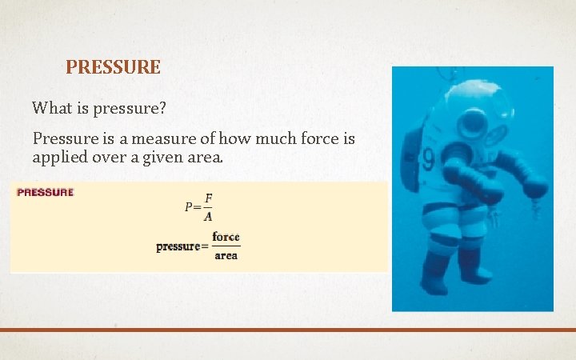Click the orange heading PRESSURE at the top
tap(113, 67)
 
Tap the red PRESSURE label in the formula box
tap(45, 193)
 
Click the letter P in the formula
tap(188, 206)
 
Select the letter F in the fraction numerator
tap(208, 197)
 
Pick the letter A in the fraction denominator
tap(208, 216)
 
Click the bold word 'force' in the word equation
tap(226, 238)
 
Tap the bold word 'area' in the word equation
tap(226, 256)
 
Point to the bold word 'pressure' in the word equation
tap(178, 247)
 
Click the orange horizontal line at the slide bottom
tap(288, 329)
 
